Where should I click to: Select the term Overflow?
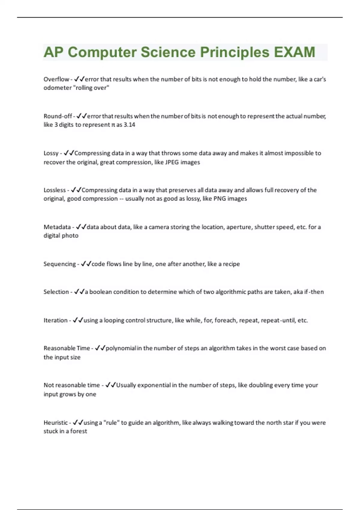coord(56,79)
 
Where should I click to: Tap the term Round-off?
coord(58,116)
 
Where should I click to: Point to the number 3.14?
coord(129,125)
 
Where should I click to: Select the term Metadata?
coord(57,227)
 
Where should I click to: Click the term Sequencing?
coord(59,264)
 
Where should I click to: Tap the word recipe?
coord(231,264)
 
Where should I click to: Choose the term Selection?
coord(56,292)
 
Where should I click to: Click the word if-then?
coord(314,292)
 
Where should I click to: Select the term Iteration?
coord(55,320)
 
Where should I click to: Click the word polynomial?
coord(121,348)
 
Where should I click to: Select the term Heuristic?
coord(56,423)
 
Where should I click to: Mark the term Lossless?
coord(55,190)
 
